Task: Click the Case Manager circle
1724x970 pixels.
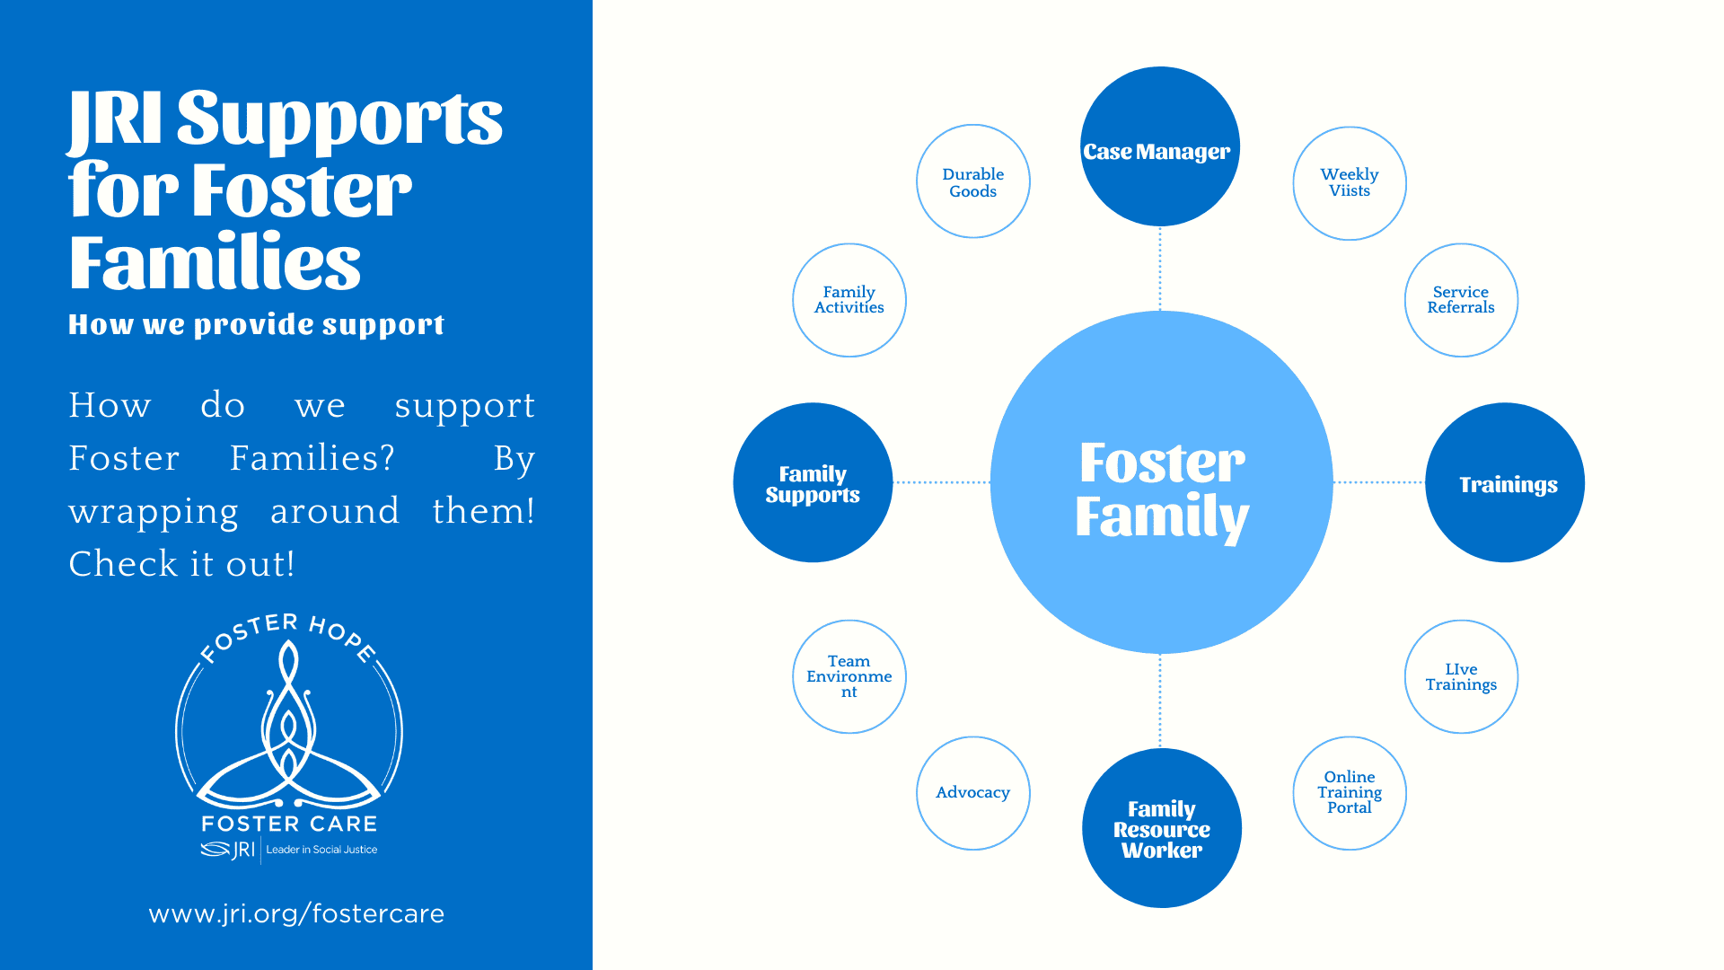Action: tap(1159, 146)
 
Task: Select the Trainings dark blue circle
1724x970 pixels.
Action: tap(1505, 482)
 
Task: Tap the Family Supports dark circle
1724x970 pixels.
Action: tap(813, 482)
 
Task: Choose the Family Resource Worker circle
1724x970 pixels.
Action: tap(1162, 828)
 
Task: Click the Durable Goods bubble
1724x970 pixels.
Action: tap(973, 181)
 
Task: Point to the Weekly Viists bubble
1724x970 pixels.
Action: tap(1350, 183)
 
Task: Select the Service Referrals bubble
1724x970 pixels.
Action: tap(1461, 300)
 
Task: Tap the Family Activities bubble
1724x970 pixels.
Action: tap(849, 300)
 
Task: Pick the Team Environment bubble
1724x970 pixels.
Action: tap(849, 676)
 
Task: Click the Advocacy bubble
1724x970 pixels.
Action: tap(973, 793)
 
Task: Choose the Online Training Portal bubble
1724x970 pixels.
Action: tap(1350, 793)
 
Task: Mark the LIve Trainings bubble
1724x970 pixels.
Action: tap(1461, 676)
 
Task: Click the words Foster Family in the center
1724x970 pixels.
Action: tap(1162, 489)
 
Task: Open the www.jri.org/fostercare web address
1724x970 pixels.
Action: tap(296, 913)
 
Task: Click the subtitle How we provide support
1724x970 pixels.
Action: tap(256, 324)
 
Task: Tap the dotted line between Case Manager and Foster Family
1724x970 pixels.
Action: tap(1160, 269)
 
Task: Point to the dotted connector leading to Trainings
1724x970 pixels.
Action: tap(1378, 482)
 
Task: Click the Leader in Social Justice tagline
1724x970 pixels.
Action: tap(321, 850)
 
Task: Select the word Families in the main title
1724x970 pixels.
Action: tap(215, 262)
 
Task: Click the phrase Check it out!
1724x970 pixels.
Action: tap(181, 564)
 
